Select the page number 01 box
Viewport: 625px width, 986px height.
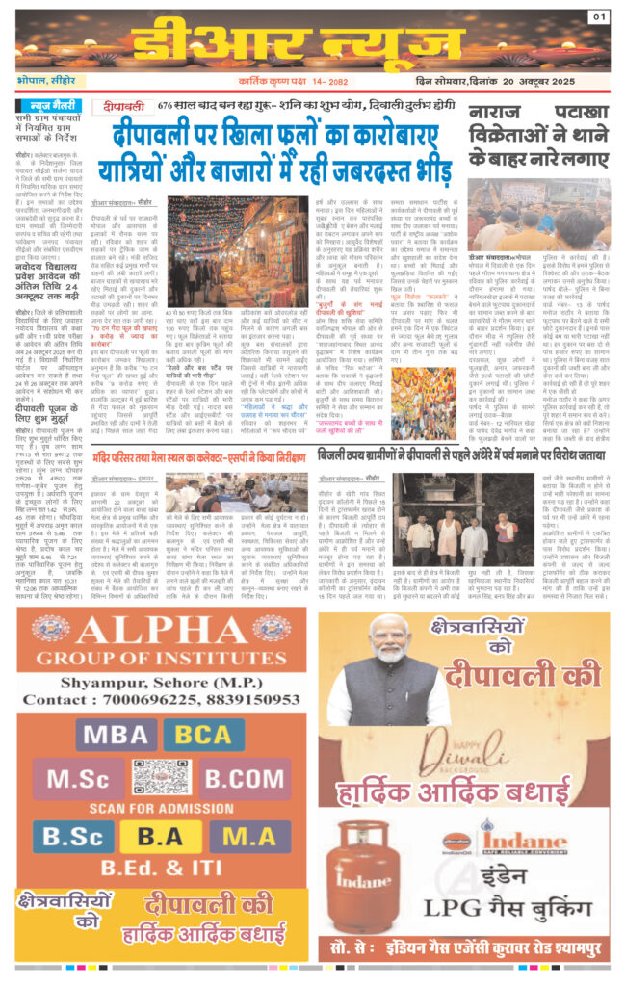599,16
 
